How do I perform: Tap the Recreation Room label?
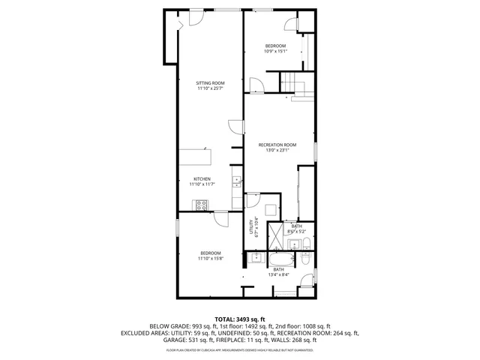pyautogui.click(x=277, y=145)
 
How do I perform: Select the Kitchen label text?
pyautogui.click(x=201, y=179)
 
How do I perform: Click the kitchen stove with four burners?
pyautogui.click(x=201, y=204)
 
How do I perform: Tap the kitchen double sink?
pyautogui.click(x=236, y=181)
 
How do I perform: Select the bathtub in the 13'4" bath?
pyautogui.click(x=283, y=260)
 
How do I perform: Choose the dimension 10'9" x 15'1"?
pyautogui.click(x=275, y=52)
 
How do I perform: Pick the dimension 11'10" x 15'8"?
pyautogui.click(x=210, y=259)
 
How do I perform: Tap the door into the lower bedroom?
pyautogui.click(x=222, y=217)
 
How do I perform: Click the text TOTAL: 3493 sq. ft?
pyautogui.click(x=239, y=319)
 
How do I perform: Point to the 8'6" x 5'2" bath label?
pyautogui.click(x=297, y=229)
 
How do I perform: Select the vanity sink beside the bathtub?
pyautogui.click(x=256, y=259)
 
